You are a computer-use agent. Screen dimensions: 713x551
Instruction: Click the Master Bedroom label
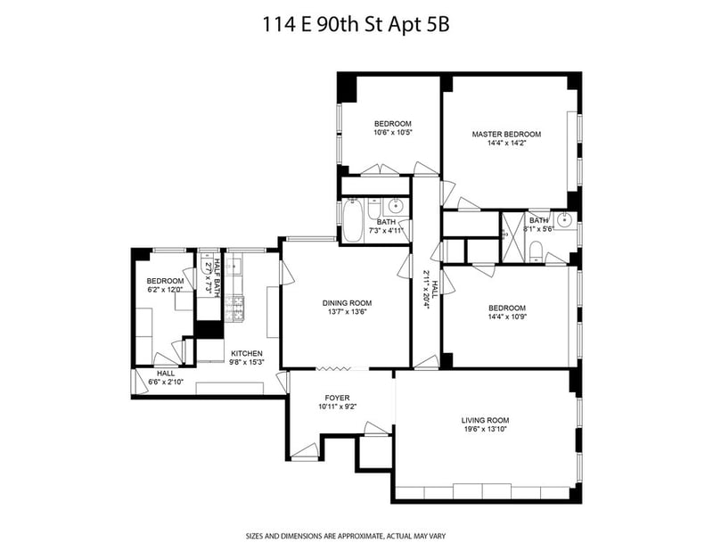click(x=506, y=135)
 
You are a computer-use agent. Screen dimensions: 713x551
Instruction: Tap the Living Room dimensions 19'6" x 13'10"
click(x=485, y=429)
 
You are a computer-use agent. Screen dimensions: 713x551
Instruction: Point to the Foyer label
click(x=337, y=398)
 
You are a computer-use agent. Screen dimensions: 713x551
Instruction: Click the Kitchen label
click(x=247, y=354)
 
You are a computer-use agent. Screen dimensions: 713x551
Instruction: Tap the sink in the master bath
click(x=564, y=221)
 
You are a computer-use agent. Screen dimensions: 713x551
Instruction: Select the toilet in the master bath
click(x=537, y=251)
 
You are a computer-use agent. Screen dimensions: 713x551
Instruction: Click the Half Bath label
click(x=217, y=277)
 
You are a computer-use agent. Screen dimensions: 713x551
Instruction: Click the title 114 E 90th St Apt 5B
click(x=356, y=25)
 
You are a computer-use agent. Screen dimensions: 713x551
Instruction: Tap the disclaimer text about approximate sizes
click(x=346, y=536)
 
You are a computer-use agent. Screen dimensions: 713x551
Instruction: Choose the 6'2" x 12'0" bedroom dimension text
click(x=165, y=290)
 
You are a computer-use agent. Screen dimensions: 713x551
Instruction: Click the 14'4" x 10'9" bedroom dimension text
click(x=507, y=317)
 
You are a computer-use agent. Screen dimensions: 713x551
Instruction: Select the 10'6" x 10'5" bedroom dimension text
click(x=393, y=132)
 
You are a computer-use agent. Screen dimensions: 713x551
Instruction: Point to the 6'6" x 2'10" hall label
click(x=166, y=382)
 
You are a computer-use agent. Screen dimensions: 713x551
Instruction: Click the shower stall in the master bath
click(x=513, y=237)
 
